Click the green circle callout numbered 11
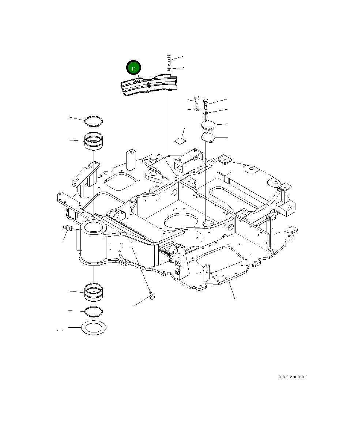click(133, 68)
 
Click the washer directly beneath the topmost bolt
click(169, 69)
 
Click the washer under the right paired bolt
click(205, 113)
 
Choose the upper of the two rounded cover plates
click(208, 124)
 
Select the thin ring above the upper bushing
click(94, 120)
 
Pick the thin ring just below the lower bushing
click(94, 312)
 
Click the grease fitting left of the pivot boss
click(68, 228)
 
